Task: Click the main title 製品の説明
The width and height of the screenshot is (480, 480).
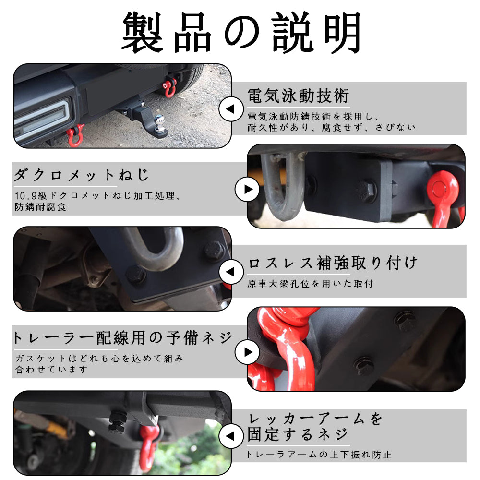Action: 241,33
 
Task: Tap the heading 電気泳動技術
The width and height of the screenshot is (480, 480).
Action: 298,96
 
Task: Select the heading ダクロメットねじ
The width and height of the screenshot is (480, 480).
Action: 82,175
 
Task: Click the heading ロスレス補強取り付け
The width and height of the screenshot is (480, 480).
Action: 333,263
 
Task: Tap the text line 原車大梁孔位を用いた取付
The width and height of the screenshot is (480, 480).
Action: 311,284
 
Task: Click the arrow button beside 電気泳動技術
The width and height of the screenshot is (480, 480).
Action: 231,109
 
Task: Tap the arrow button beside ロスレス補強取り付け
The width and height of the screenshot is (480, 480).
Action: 231,272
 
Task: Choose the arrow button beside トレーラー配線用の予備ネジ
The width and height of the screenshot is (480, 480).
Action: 247,352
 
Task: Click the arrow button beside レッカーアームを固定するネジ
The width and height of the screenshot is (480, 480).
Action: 231,436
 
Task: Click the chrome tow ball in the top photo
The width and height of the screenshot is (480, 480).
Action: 159,122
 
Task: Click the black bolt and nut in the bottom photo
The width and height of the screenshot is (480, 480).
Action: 117,422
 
